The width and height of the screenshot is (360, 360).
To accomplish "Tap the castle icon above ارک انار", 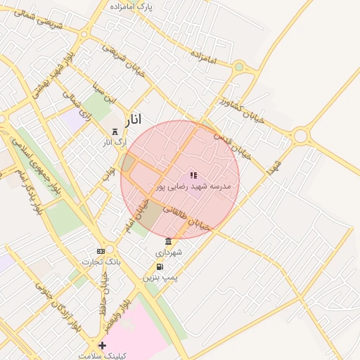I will (x=115, y=131).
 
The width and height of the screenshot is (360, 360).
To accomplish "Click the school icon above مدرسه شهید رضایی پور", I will (x=193, y=175).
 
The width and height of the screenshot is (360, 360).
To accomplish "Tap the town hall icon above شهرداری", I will (x=168, y=241).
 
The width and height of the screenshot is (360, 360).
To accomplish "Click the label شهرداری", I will (x=169, y=252).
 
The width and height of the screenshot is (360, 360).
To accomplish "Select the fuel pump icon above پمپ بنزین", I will (x=160, y=266).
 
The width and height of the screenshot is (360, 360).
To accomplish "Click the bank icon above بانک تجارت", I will (x=101, y=251).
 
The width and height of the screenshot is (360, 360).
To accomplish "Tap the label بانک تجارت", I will (x=101, y=262).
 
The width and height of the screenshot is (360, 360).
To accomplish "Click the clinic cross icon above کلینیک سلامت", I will (x=103, y=345).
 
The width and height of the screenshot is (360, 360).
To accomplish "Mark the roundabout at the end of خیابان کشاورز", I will (x=301, y=134).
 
